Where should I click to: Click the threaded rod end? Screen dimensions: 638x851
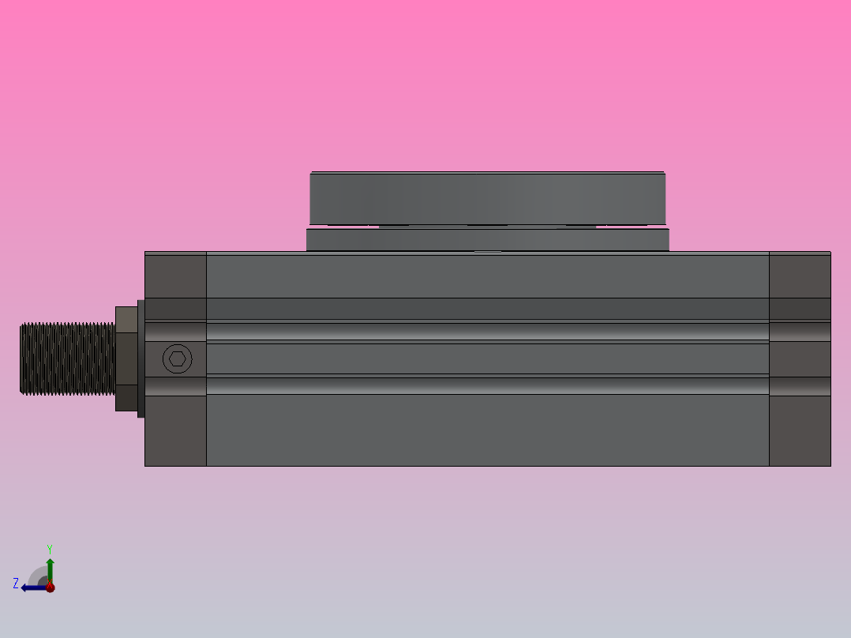point(67,358)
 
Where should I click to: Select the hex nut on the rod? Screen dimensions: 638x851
point(126,358)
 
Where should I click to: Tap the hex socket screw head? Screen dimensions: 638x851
point(178,359)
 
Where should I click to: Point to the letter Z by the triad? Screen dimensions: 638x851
point(16,584)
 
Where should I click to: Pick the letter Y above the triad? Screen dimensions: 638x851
point(49,548)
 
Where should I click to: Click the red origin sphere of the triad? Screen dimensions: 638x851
point(50,587)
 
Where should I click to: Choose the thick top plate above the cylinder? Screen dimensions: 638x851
point(487,198)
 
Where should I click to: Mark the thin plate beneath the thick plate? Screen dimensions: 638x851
point(487,239)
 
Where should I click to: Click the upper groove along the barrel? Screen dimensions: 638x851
point(487,332)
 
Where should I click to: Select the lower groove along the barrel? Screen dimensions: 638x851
point(487,385)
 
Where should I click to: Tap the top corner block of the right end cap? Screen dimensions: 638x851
point(800,275)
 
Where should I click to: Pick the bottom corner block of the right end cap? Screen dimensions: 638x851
point(800,430)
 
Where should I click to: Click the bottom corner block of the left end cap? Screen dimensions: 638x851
point(175,430)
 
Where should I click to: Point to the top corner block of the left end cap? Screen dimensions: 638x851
point(175,275)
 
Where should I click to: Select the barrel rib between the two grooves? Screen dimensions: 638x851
point(487,358)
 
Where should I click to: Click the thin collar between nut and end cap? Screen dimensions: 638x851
point(141,358)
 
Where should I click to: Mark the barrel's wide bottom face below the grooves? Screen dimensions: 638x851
point(487,430)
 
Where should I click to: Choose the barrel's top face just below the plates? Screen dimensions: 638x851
point(487,275)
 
